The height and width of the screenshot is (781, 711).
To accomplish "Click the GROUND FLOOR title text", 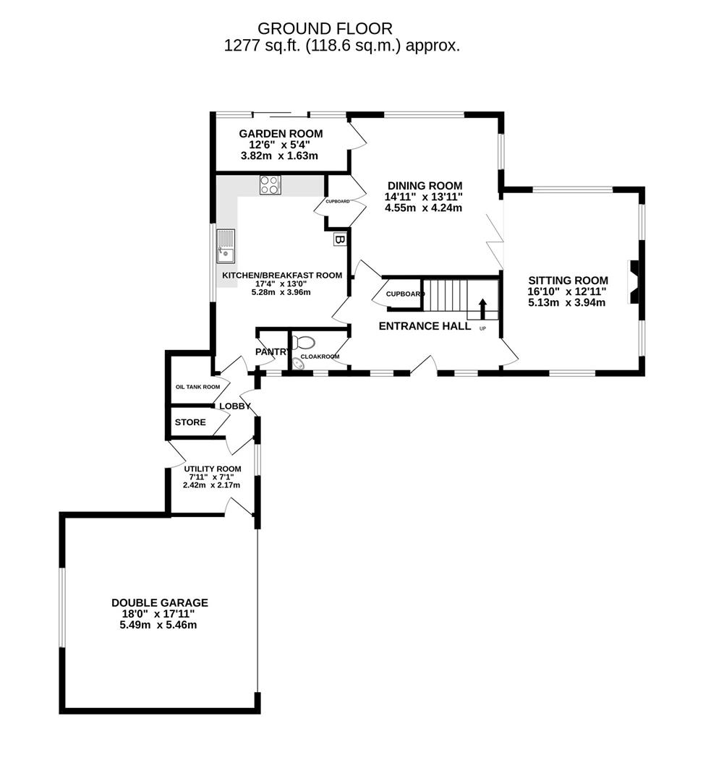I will click(325, 29).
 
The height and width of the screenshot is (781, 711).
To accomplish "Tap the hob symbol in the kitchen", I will click(270, 185).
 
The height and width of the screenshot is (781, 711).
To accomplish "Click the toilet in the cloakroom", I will click(303, 342).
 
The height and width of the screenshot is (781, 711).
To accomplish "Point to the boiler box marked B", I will click(339, 239).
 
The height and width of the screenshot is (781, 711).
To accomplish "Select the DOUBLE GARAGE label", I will click(159, 602).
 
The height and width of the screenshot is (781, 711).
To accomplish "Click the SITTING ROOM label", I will click(568, 281).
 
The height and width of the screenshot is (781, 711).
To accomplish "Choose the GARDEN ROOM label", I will click(281, 134).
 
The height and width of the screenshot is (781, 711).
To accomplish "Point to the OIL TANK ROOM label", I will click(197, 387).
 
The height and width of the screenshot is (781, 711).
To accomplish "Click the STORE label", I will click(190, 422).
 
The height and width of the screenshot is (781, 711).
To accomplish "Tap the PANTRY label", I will click(272, 351).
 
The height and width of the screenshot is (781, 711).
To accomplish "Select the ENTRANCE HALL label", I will click(425, 326).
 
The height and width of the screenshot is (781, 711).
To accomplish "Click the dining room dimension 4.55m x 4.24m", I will click(424, 208).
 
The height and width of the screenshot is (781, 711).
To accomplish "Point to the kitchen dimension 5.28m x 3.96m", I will click(281, 292).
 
